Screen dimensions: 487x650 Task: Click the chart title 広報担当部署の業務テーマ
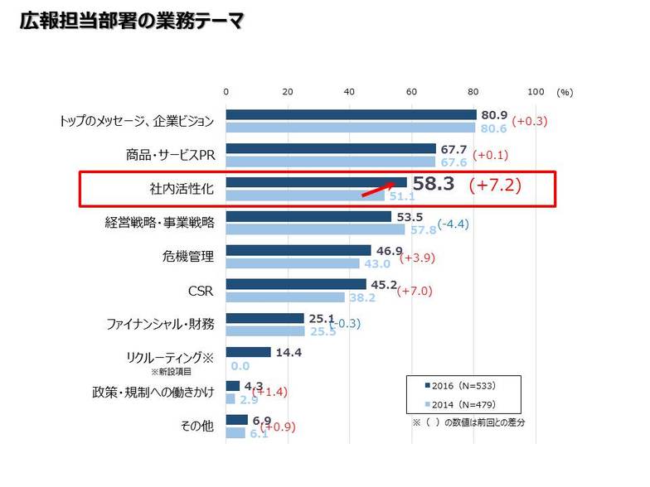132,21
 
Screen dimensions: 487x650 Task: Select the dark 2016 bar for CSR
295,284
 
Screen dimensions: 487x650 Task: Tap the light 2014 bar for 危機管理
292,263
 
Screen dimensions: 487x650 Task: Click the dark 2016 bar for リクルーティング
248,352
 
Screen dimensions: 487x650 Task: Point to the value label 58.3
433,184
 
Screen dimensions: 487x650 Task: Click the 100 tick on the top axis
536,92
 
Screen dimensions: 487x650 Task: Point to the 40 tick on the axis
349,92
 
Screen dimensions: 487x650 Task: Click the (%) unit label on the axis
565,93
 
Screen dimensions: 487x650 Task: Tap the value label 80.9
494,114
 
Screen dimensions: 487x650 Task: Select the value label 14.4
288,352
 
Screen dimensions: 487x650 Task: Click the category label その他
197,426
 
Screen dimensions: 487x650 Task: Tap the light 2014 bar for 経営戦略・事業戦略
315,229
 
